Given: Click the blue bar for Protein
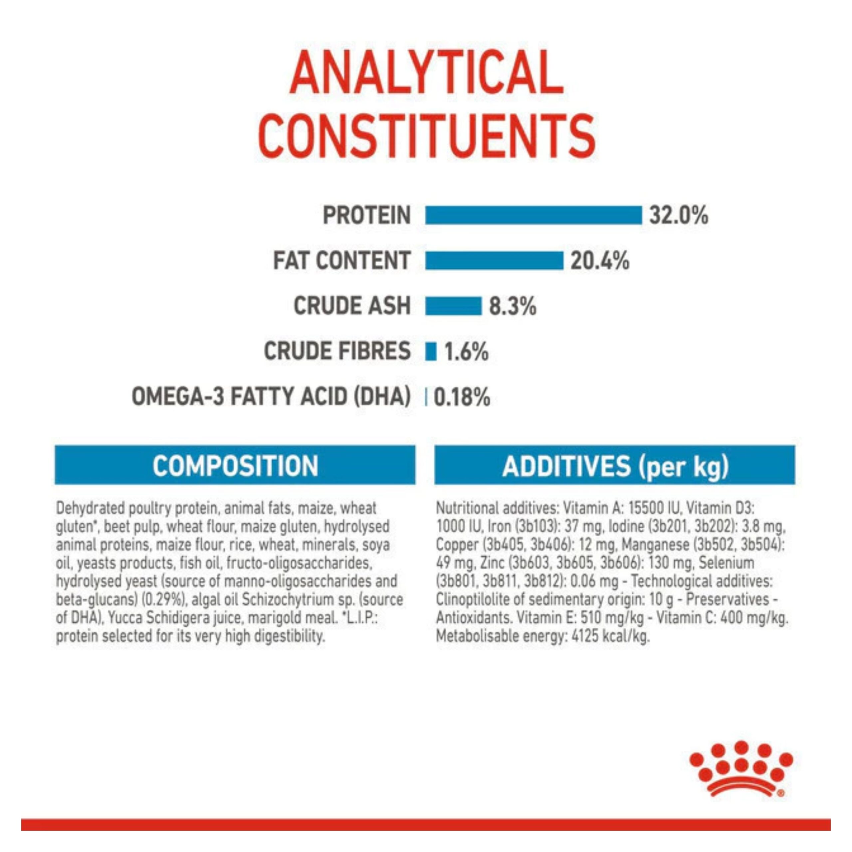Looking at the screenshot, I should point(533,215).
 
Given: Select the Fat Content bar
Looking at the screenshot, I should point(494,260).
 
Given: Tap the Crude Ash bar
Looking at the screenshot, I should point(453,306).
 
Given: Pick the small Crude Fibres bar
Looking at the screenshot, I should point(431,351).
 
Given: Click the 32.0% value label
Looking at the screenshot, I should point(678,216).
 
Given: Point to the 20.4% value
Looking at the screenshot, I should point(600,261).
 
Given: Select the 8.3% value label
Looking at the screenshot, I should point(513,306).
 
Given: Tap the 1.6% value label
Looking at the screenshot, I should point(466,352).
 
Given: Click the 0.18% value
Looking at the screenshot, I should point(462,397).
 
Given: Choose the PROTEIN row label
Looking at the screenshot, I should point(366,216).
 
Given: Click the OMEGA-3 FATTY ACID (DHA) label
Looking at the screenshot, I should point(271,396).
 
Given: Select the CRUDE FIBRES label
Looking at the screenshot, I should point(337,351).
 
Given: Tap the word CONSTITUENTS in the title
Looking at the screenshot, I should point(426,137).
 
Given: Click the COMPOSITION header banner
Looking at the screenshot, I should point(235,465).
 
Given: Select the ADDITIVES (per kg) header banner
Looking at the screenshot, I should point(615,465).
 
